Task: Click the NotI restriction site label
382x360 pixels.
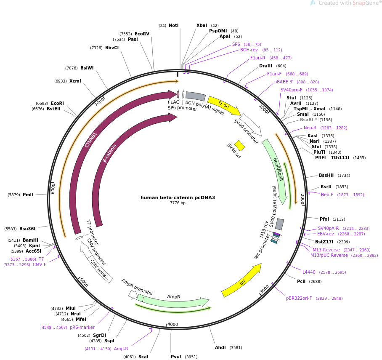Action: [x=173, y=26]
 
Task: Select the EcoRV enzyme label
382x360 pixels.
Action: [x=142, y=34]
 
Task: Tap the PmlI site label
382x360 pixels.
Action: [x=28, y=195]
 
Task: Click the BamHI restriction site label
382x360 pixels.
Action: [x=30, y=240]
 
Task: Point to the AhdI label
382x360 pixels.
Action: [x=220, y=348]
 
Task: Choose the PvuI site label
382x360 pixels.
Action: [x=176, y=357]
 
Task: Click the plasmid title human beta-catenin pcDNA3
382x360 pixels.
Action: [x=178, y=197]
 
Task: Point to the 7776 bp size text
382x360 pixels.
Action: [x=178, y=203]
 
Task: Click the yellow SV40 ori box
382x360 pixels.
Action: [x=240, y=145]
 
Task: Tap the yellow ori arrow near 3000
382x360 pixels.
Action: [x=242, y=280]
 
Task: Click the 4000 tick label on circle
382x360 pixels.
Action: [x=173, y=325]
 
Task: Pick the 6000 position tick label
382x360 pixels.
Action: [x=53, y=188]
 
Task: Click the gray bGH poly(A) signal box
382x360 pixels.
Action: [x=195, y=96]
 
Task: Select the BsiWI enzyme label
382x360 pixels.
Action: [x=87, y=68]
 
